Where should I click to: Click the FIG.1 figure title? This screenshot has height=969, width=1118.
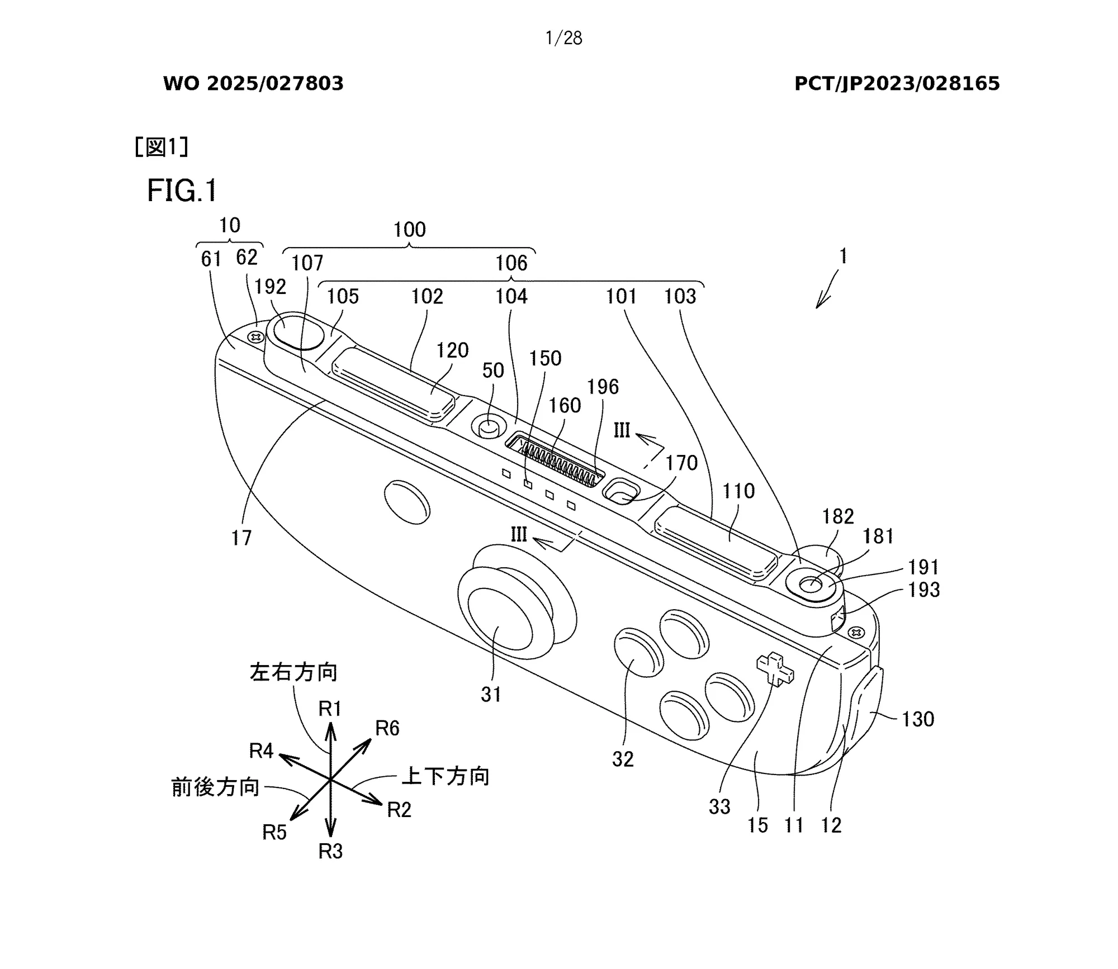click(x=182, y=191)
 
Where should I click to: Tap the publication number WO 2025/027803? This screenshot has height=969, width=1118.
click(x=253, y=84)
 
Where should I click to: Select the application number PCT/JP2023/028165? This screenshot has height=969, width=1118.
click(x=897, y=84)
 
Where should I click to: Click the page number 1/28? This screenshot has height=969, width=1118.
click(x=563, y=38)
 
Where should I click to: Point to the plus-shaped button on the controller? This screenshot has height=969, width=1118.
click(x=775, y=668)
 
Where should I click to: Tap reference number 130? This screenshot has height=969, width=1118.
click(x=917, y=719)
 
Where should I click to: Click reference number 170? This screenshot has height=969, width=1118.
click(x=681, y=463)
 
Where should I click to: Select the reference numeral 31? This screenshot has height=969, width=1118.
click(x=491, y=695)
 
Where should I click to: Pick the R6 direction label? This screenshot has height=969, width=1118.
click(x=387, y=728)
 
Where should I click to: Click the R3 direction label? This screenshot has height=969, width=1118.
click(x=330, y=851)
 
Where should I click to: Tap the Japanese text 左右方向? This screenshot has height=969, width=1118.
click(x=293, y=672)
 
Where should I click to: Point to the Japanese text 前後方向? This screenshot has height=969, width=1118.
click(x=215, y=787)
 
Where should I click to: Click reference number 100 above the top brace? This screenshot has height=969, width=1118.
click(x=409, y=230)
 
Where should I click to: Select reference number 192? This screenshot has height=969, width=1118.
click(x=270, y=287)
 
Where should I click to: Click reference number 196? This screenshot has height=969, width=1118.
click(x=603, y=387)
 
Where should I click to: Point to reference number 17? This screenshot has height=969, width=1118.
click(x=241, y=538)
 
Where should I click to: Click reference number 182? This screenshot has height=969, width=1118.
click(x=837, y=516)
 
